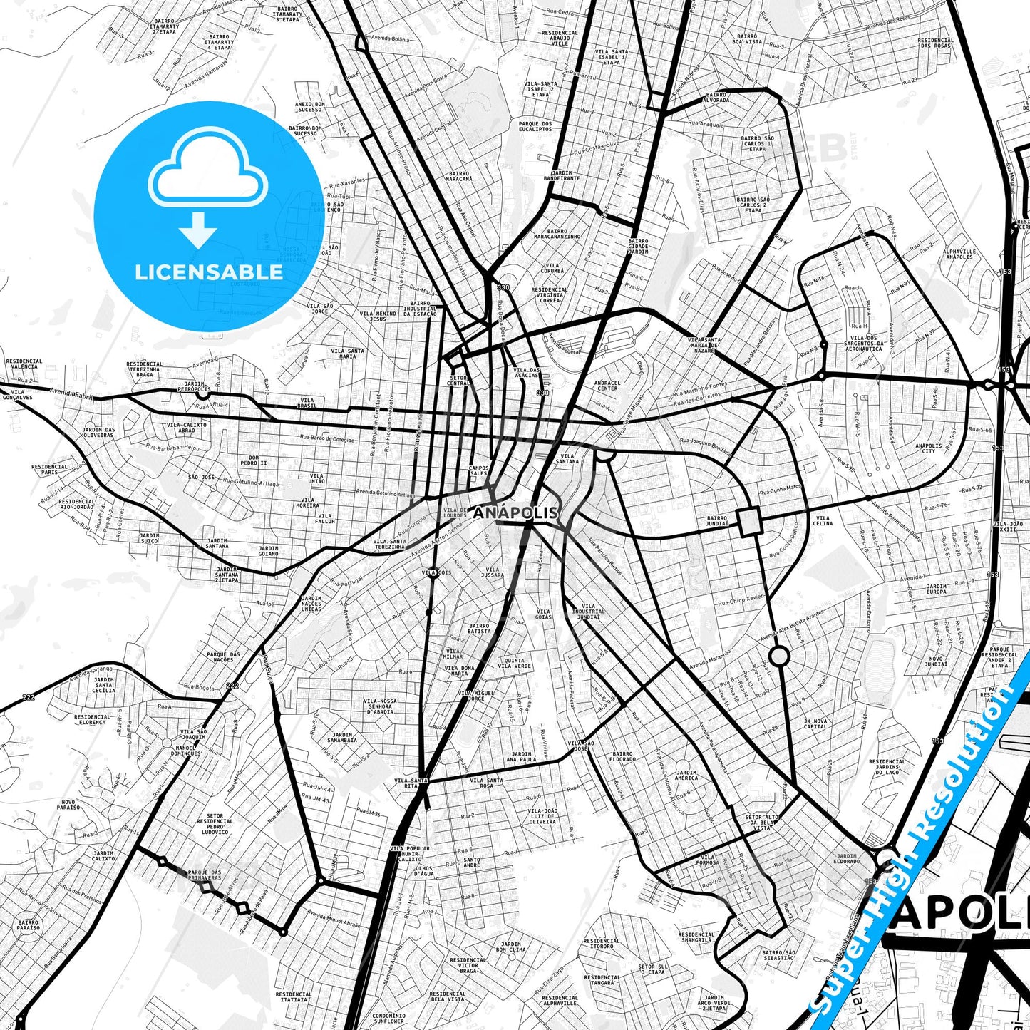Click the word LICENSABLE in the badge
click(209, 272)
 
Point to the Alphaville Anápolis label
click(958, 254)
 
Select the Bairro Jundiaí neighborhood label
click(717, 521)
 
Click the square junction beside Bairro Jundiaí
click(751, 522)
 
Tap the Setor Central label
click(458, 380)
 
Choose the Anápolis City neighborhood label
click(928, 448)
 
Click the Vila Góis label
click(436, 572)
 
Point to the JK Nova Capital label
click(815, 723)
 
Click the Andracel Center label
click(607, 386)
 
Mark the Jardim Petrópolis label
click(193, 386)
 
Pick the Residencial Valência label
click(24, 364)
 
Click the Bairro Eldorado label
click(622, 756)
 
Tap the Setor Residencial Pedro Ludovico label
click(215, 824)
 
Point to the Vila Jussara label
click(492, 572)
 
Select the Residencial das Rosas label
click(935, 43)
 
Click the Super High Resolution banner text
click(920, 841)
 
